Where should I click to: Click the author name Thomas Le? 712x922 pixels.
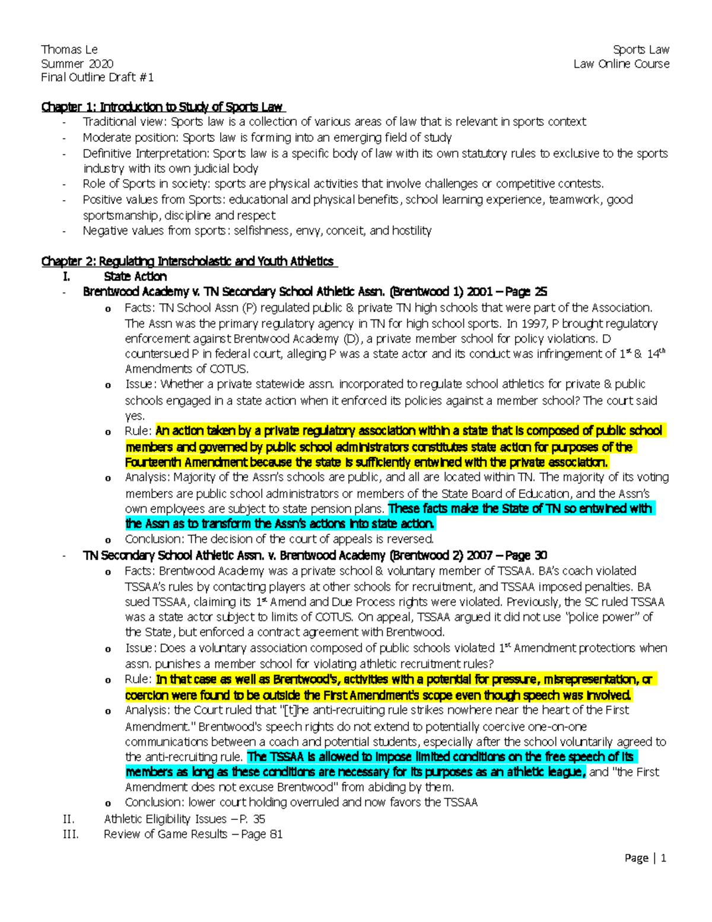tap(69, 50)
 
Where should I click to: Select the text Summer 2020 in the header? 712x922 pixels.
tap(77, 64)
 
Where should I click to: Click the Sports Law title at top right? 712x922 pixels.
tap(641, 50)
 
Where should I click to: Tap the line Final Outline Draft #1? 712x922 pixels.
tap(97, 77)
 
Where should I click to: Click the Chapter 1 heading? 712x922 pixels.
tap(162, 107)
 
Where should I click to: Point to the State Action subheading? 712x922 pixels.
tap(135, 277)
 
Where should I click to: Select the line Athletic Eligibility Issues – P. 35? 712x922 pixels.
tap(185, 819)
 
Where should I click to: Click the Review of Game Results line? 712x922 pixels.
tap(193, 834)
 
